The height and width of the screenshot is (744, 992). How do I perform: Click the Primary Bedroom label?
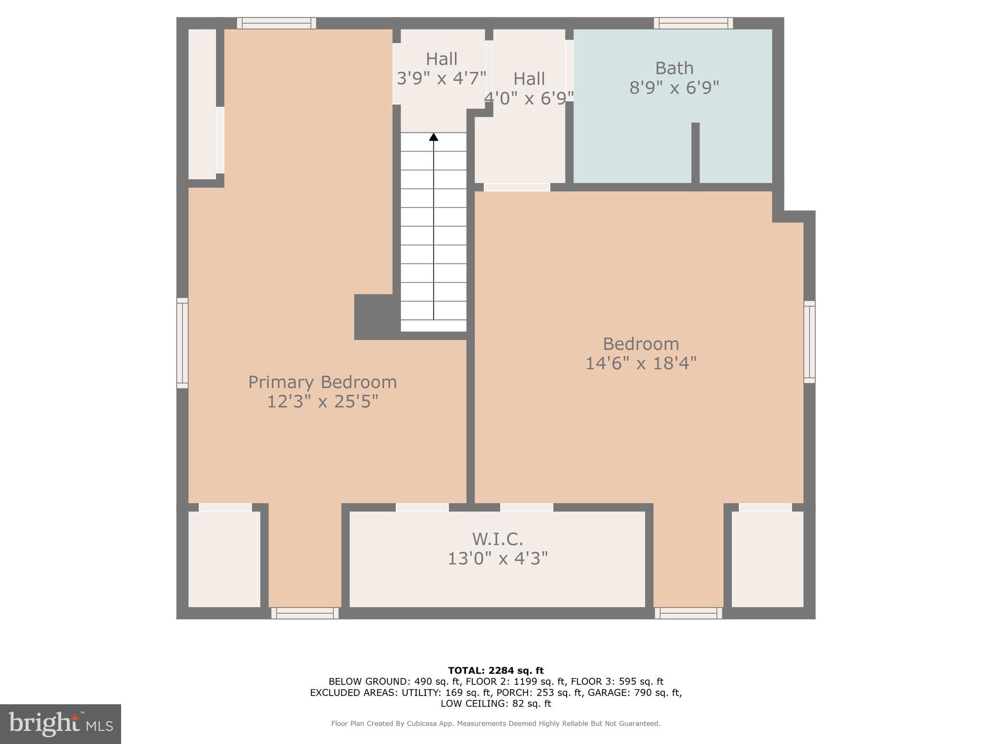pyautogui.click(x=322, y=382)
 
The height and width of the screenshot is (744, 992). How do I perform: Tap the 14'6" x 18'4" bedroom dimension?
pyautogui.click(x=640, y=363)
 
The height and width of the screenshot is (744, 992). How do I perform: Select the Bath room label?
pyautogui.click(x=674, y=68)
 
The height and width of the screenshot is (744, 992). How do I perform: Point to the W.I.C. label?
pyautogui.click(x=497, y=539)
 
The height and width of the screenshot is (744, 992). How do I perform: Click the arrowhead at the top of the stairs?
pyautogui.click(x=434, y=137)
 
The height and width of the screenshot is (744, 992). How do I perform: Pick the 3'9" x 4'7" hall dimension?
pyautogui.click(x=441, y=78)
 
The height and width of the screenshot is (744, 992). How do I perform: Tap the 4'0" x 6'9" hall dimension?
pyautogui.click(x=529, y=98)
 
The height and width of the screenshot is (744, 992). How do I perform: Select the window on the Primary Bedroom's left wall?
pyautogui.click(x=182, y=343)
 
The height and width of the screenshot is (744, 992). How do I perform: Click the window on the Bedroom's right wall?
pyautogui.click(x=809, y=341)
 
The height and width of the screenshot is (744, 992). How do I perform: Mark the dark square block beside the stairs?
pyautogui.click(x=373, y=316)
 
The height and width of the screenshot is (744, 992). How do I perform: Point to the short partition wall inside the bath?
pyautogui.click(x=695, y=153)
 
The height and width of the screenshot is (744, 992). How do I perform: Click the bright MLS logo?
pyautogui.click(x=60, y=724)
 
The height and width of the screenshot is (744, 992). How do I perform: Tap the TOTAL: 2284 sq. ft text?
pyautogui.click(x=496, y=670)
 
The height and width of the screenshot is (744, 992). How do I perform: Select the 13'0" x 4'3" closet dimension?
pyautogui.click(x=497, y=558)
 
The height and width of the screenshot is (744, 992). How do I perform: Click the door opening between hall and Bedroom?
pyautogui.click(x=516, y=187)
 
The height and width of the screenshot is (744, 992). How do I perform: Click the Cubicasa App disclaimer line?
pyautogui.click(x=496, y=723)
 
